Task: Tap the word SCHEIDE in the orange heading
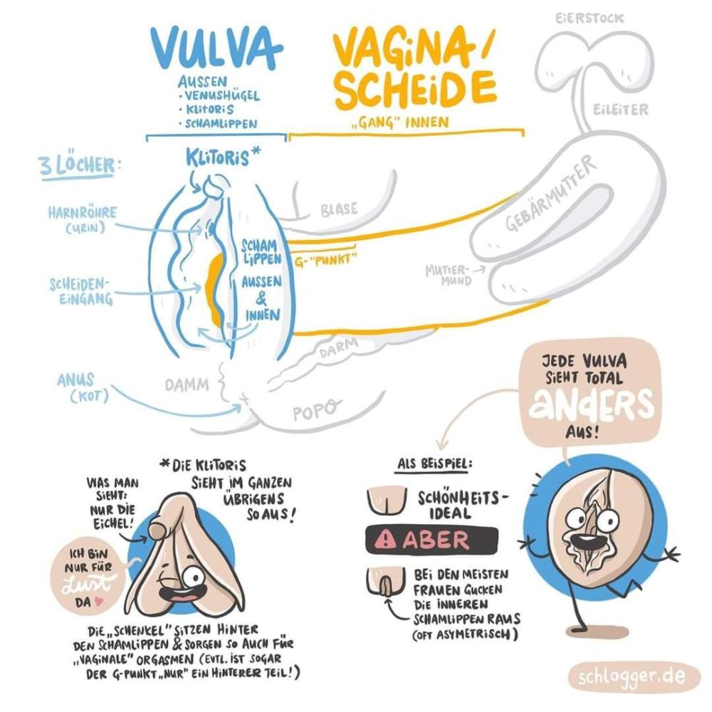(x=415, y=90)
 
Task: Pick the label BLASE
(x=339, y=210)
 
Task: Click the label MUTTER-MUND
(x=448, y=275)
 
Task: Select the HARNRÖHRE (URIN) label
(x=82, y=219)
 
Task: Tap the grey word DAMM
(x=187, y=385)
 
